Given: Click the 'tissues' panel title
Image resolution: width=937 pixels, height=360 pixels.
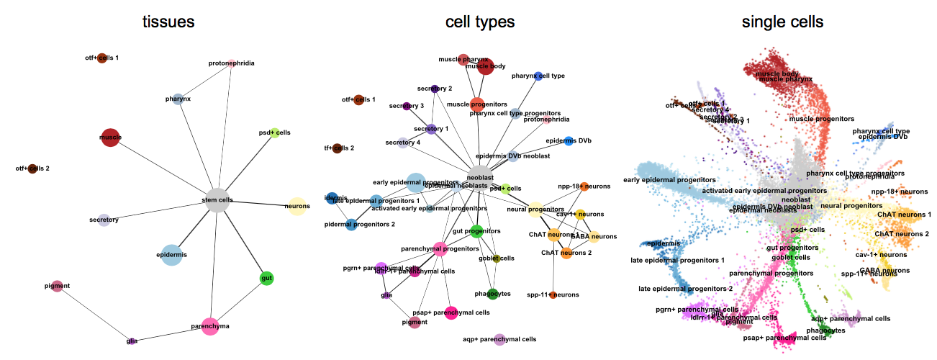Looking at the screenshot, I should pos(167,22).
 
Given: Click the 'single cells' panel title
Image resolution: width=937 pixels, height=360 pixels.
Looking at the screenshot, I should pos(782,22).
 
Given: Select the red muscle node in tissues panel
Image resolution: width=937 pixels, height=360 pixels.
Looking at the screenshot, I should pos(110,138).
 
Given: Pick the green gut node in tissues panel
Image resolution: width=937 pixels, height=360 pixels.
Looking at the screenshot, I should pos(267,279).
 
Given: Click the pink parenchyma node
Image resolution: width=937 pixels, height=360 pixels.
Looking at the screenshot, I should pos(209,327).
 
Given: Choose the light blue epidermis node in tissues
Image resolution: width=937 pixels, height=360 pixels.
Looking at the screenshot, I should pos(171,255).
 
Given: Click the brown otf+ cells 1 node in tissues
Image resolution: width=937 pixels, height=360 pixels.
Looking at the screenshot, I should pos(102,58).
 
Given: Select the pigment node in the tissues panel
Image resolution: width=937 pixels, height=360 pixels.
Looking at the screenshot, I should pos(58,287).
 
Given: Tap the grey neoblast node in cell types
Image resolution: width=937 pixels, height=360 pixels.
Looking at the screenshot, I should pos(480,176).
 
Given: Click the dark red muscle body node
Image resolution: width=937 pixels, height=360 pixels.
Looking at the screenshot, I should pos(485,67).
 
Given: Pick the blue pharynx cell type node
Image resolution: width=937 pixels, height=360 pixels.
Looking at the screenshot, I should pos(538,76).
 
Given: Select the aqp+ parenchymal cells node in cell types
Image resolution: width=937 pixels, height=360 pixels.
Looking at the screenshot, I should pos(499,339).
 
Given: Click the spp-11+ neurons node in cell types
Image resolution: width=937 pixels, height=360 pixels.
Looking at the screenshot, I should pos(553,295).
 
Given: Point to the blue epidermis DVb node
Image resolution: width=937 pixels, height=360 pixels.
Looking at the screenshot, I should pos(569,141).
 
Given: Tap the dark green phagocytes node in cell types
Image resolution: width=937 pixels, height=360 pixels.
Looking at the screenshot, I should pos(492,294).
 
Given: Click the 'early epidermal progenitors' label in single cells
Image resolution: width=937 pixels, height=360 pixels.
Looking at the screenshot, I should pos(669,179).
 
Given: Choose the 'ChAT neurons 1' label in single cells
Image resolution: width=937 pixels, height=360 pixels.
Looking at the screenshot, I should pos(904,215).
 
